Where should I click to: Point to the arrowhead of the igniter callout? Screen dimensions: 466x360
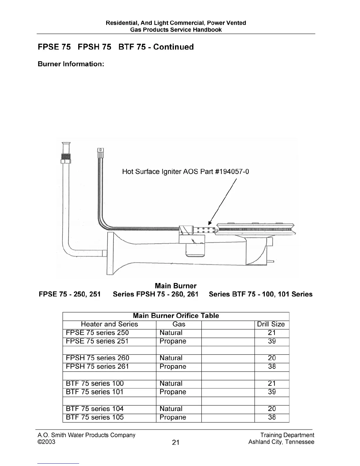(210, 223)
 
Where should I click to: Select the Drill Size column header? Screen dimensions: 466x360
(271, 324)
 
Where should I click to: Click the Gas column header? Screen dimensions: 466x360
(179, 324)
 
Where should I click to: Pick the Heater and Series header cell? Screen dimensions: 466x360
(109, 324)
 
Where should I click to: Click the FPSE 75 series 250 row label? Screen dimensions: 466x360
(97, 333)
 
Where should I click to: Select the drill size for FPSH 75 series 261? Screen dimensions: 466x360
(272, 367)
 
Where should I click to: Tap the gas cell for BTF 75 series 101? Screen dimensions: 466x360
(173, 392)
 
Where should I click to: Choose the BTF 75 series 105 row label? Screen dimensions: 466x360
(95, 417)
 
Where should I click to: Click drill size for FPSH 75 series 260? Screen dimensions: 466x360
(272, 358)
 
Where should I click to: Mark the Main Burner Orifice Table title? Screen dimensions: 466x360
(176, 316)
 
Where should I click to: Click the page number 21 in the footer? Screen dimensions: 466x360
(176, 442)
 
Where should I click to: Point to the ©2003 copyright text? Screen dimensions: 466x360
(46, 442)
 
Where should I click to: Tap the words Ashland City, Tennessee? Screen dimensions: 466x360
(281, 442)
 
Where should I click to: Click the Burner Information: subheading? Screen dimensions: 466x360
(71, 64)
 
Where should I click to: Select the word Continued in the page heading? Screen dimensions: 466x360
(174, 47)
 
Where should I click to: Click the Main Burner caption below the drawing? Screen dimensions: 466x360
(176, 286)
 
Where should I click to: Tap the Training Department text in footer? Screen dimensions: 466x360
(287, 435)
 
